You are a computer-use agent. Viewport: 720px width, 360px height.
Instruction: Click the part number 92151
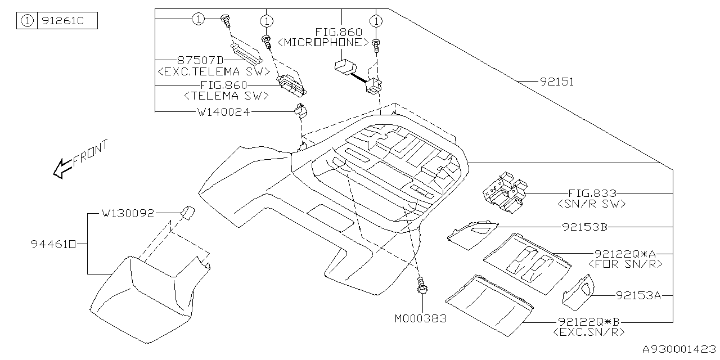tap(557, 82)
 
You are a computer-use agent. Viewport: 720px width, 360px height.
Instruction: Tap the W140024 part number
tap(223, 112)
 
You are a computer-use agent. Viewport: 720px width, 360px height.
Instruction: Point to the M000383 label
tap(420, 318)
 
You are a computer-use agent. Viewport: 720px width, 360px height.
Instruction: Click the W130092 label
tap(128, 214)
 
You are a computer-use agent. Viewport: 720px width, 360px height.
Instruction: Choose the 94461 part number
tap(52, 244)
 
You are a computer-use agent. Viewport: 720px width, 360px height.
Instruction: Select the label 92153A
tap(638, 294)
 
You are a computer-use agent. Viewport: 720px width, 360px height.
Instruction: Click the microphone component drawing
tap(344, 67)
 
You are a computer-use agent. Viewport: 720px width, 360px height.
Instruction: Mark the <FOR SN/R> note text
tap(624, 263)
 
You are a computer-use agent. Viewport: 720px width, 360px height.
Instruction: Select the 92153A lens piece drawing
tap(578, 292)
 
